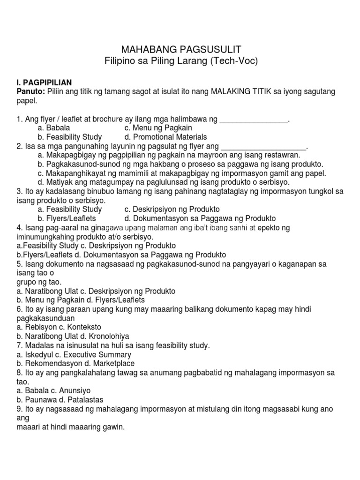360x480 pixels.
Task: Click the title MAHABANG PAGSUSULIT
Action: [181, 50]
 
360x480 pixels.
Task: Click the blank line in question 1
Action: [254, 120]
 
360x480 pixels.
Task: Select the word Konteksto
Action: [86, 327]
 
